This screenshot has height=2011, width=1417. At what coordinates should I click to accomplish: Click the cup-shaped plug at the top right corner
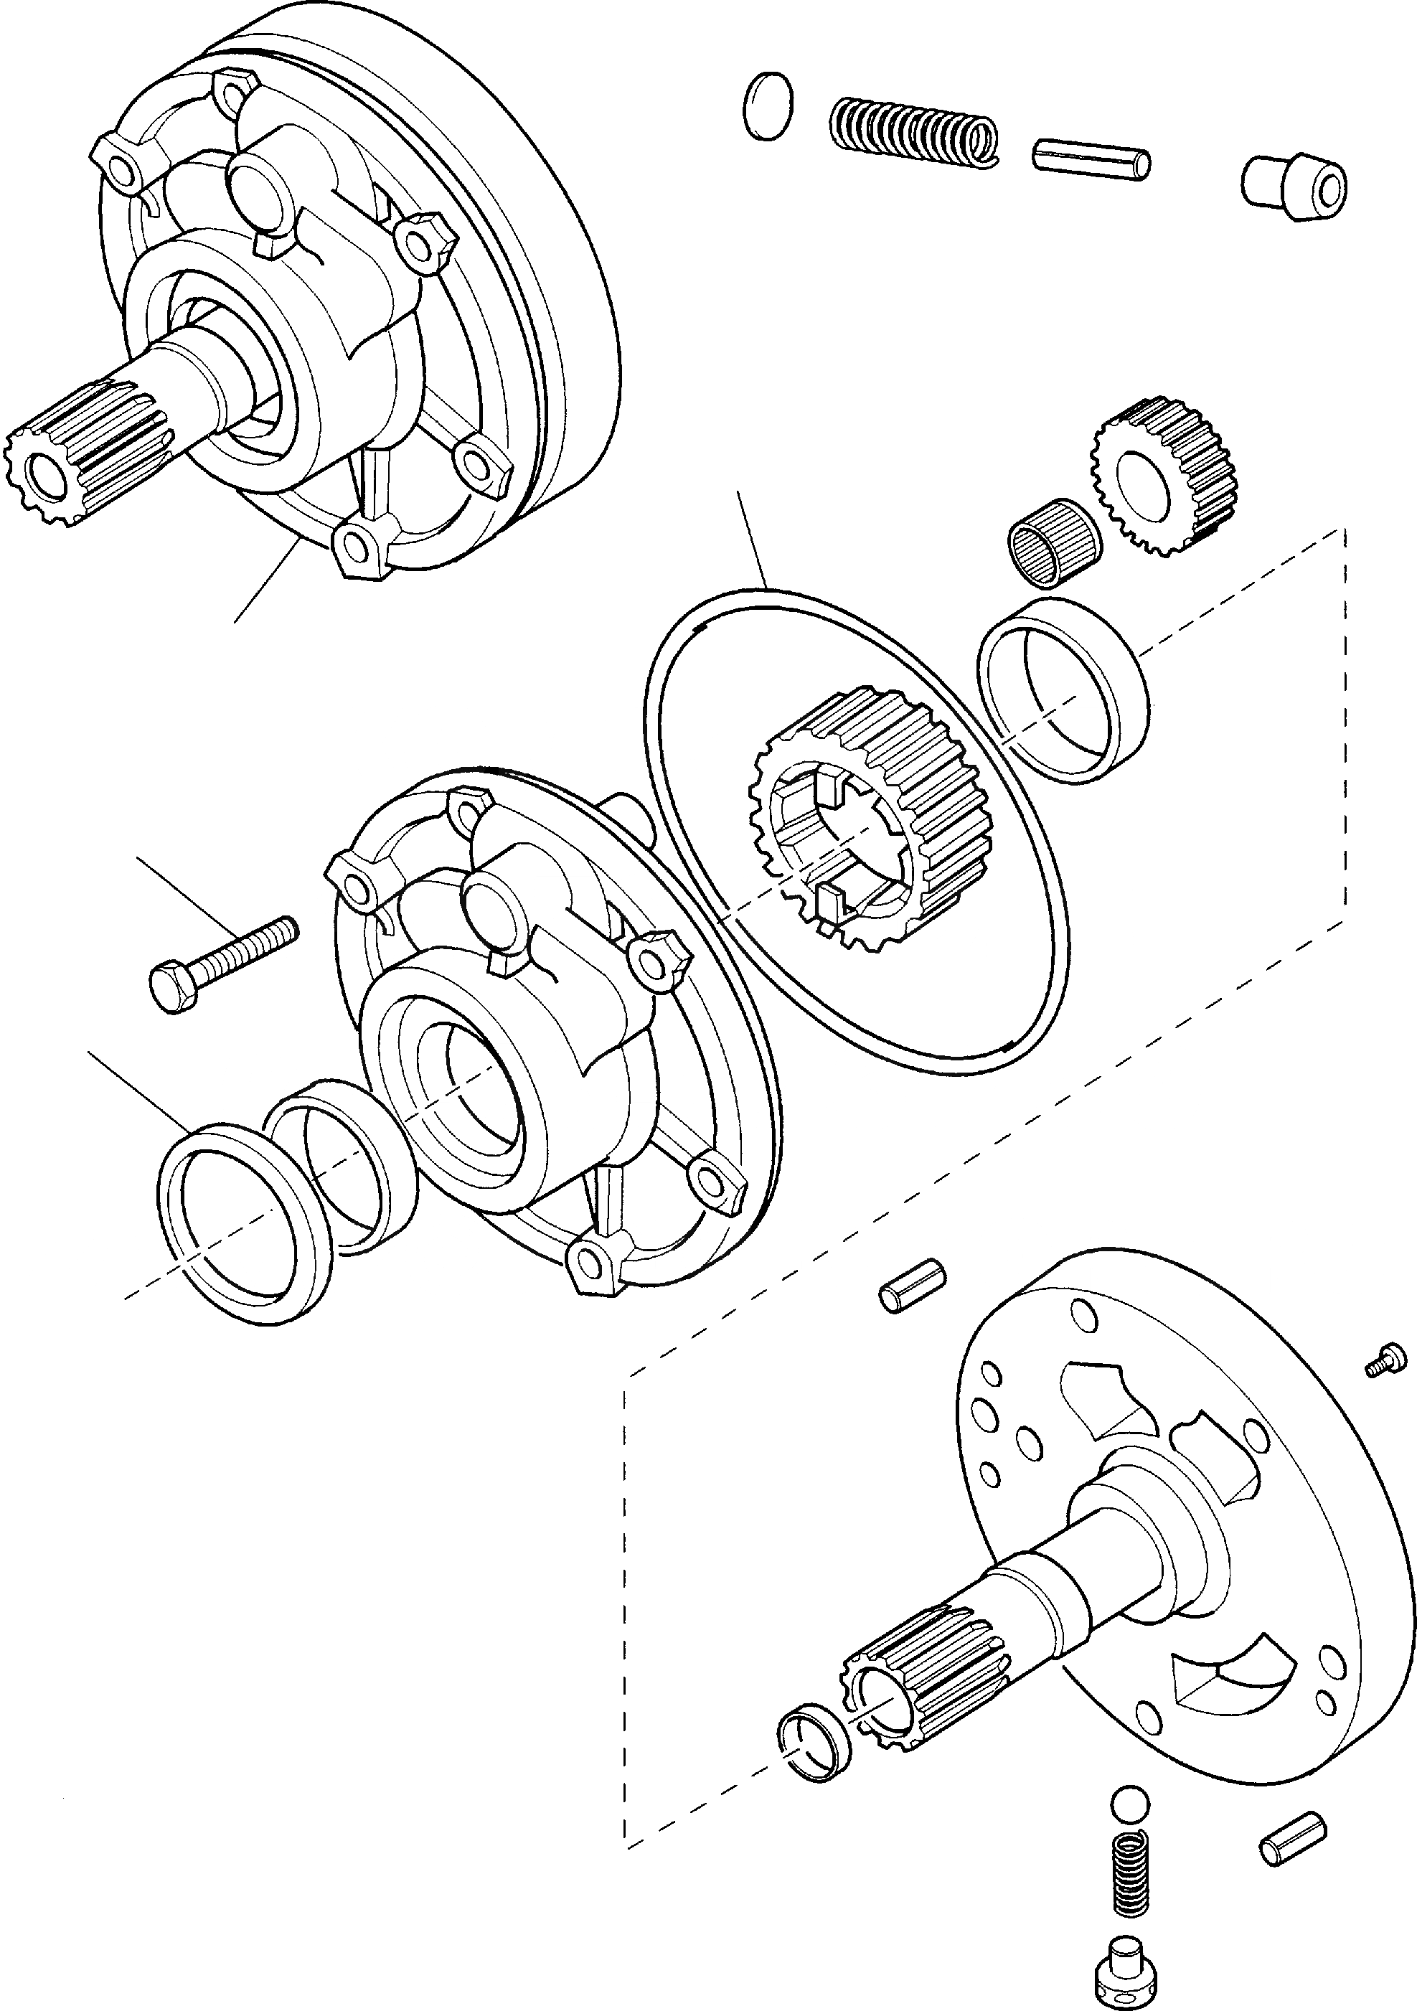click(1294, 188)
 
